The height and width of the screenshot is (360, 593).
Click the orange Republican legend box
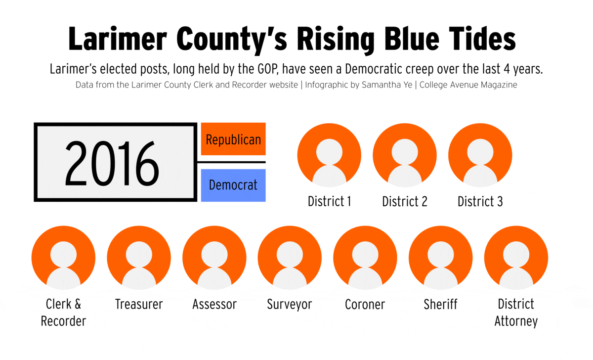(x=233, y=139)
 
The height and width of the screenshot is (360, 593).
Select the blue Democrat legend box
(x=233, y=185)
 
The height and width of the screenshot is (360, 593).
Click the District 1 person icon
(x=329, y=155)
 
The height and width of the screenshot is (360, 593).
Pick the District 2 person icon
(x=405, y=155)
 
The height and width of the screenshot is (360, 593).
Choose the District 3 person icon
(x=480, y=155)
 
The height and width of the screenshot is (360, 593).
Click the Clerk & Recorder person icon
(x=64, y=258)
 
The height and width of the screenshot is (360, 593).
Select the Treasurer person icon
(x=139, y=258)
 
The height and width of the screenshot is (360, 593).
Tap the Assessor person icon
(x=214, y=258)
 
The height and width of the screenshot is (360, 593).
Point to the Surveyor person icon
(x=290, y=258)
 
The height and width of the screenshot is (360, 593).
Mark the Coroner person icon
(x=365, y=258)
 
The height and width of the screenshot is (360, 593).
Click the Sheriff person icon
(x=441, y=258)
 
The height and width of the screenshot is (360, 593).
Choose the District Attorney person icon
(x=516, y=258)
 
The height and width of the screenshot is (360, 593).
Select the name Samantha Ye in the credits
(x=387, y=85)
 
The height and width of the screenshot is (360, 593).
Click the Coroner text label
(x=365, y=304)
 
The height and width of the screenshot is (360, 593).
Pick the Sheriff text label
(x=440, y=304)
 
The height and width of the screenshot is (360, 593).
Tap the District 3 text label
(x=480, y=202)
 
